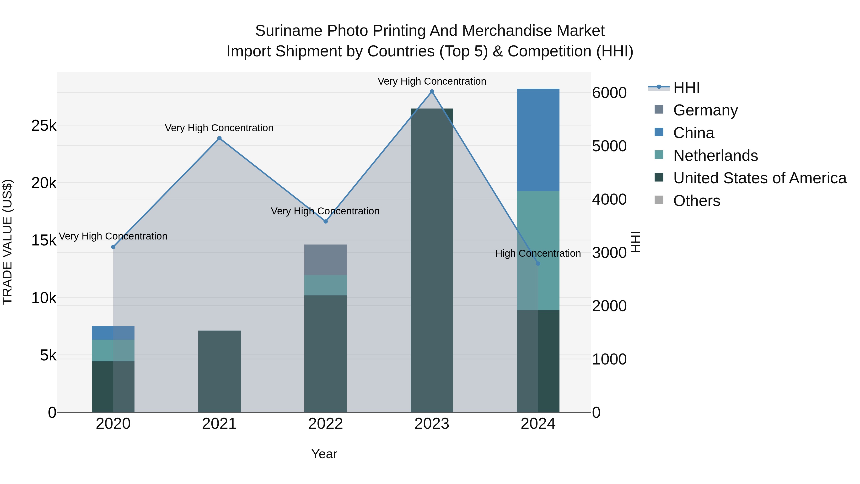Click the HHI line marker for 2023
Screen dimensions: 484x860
click(432, 92)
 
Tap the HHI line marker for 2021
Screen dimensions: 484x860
click(219, 138)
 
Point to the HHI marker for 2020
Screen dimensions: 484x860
click(113, 247)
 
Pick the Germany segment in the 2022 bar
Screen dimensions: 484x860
click(326, 260)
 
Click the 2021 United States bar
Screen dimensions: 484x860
click(219, 371)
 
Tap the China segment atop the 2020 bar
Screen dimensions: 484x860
click(113, 333)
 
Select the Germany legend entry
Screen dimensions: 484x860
click(705, 110)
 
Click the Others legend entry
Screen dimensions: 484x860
click(696, 201)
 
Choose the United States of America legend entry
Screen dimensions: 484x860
click(759, 178)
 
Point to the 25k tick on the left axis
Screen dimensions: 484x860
click(44, 126)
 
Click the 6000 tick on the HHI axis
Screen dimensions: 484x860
click(609, 93)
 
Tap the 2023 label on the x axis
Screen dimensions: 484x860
click(432, 424)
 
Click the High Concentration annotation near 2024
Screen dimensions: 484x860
click(538, 254)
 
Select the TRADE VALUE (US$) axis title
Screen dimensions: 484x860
click(7, 242)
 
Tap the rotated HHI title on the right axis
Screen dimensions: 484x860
click(636, 242)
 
